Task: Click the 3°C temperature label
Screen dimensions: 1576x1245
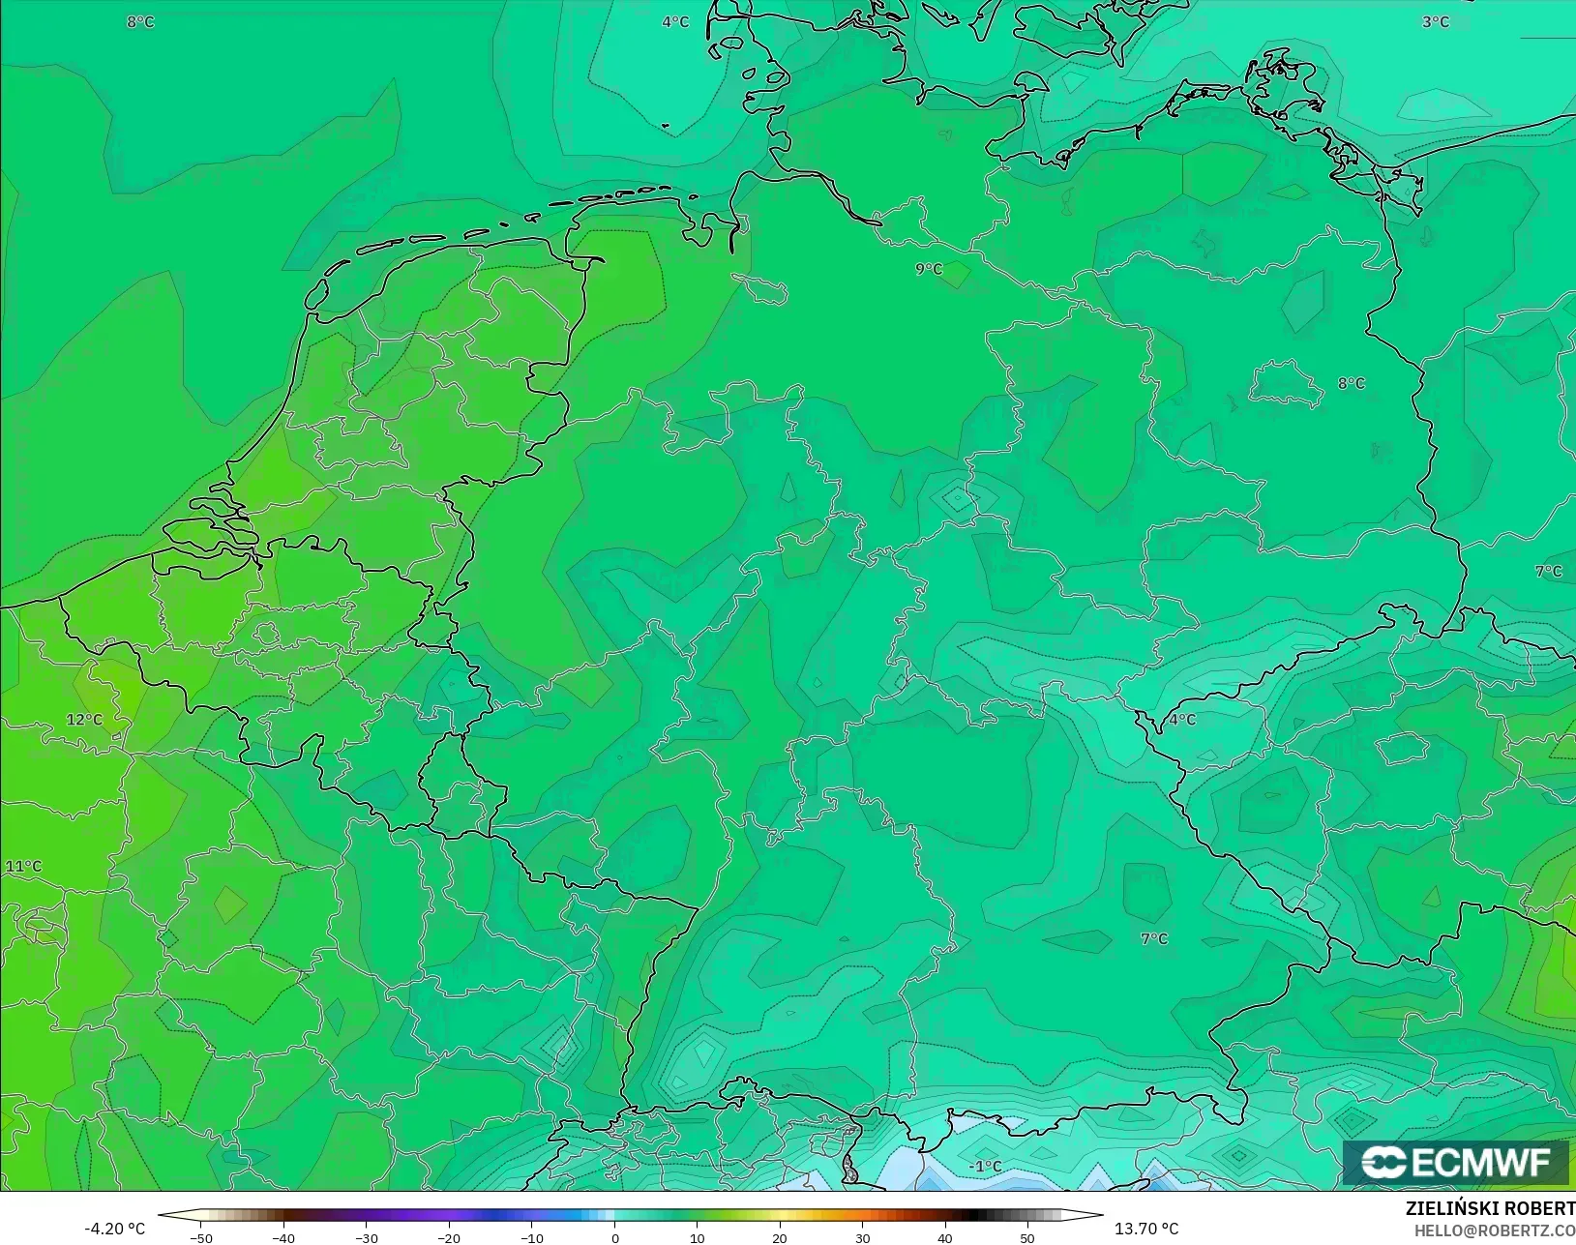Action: pyautogui.click(x=1435, y=21)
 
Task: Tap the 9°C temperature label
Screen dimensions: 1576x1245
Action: pyautogui.click(x=929, y=269)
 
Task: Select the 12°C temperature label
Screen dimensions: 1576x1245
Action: pyautogui.click(x=84, y=720)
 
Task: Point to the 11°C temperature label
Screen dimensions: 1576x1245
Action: pyautogui.click(x=24, y=866)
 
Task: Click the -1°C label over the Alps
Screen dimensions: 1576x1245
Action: pyautogui.click(x=985, y=1167)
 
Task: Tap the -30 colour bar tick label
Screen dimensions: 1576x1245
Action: pyautogui.click(x=366, y=1237)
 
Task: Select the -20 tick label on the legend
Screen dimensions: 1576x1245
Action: pyautogui.click(x=448, y=1237)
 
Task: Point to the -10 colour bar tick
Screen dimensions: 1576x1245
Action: pyautogui.click(x=531, y=1237)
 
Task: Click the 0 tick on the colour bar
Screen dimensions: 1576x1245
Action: pyautogui.click(x=614, y=1237)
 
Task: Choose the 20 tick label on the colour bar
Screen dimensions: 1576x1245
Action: pyautogui.click(x=780, y=1237)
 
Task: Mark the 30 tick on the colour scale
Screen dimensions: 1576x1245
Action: pyautogui.click(x=862, y=1237)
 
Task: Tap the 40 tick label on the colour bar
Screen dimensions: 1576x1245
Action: pyautogui.click(x=945, y=1237)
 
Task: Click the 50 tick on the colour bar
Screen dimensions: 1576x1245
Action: pyautogui.click(x=1027, y=1237)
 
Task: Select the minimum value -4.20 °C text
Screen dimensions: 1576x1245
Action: pyautogui.click(x=114, y=1229)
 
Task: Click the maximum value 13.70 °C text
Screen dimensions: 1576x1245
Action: pyautogui.click(x=1146, y=1229)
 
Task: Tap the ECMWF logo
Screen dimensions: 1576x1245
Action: pyautogui.click(x=1455, y=1163)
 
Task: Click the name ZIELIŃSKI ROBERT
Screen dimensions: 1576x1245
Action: pyautogui.click(x=1490, y=1209)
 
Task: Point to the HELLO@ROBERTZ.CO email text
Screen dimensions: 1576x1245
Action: pyautogui.click(x=1495, y=1230)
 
